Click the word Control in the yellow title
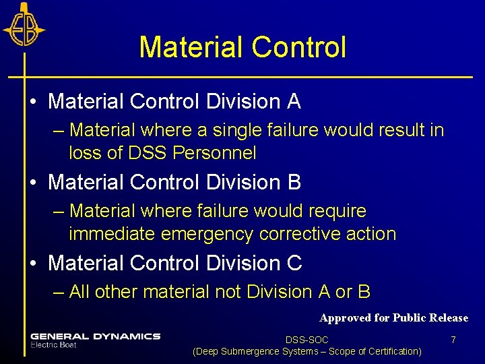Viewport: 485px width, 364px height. [298, 47]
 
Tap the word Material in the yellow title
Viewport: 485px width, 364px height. [191, 47]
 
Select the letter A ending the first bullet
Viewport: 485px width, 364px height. [293, 102]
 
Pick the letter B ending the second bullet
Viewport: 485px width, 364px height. [293, 183]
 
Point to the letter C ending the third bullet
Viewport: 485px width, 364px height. [294, 264]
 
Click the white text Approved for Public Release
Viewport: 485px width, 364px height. [393, 317]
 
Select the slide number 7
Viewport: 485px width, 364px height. [453, 340]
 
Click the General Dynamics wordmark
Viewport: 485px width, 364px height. [95, 336]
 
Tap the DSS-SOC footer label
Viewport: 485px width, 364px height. [306, 340]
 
